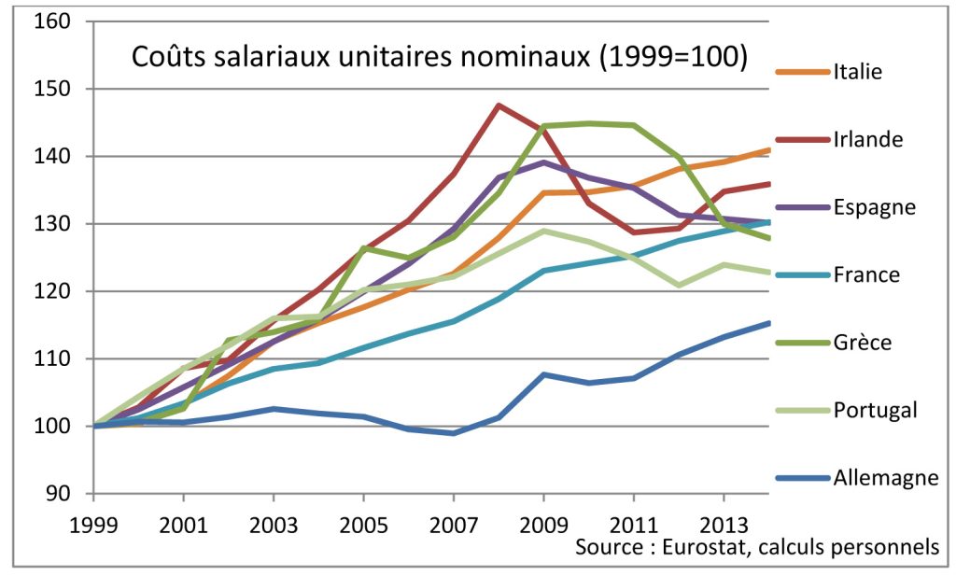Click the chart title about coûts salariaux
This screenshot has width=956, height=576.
pos(439,57)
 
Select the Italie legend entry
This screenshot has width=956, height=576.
pos(858,72)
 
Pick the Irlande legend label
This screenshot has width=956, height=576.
pos(867,139)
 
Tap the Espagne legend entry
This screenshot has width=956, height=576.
pos(873,207)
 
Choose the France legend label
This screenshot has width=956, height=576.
pos(865,274)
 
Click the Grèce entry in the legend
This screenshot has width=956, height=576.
pos(862,343)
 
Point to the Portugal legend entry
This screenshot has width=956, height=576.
pos(875,410)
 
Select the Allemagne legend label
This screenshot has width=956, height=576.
pos(885,478)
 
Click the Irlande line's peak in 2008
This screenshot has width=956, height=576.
pos(499,105)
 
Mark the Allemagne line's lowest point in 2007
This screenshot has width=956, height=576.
pos(454,433)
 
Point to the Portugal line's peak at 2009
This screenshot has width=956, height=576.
pos(544,231)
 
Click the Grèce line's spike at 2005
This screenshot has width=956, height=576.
pos(364,247)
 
